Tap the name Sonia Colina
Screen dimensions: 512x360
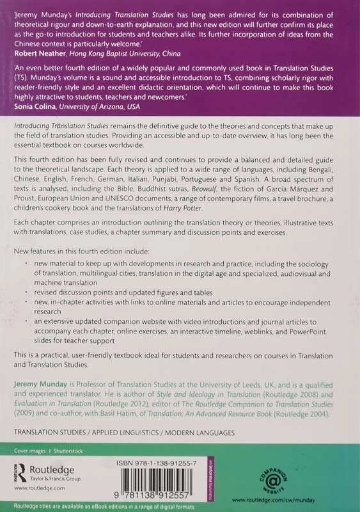[34, 107]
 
